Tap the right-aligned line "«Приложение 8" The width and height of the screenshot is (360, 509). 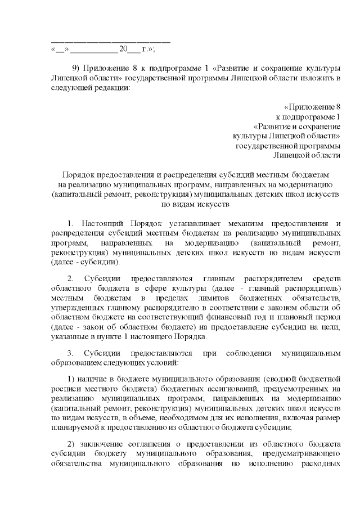(x=312, y=106)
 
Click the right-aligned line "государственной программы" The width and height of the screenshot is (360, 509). (x=288, y=145)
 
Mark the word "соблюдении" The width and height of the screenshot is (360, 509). (x=244, y=353)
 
